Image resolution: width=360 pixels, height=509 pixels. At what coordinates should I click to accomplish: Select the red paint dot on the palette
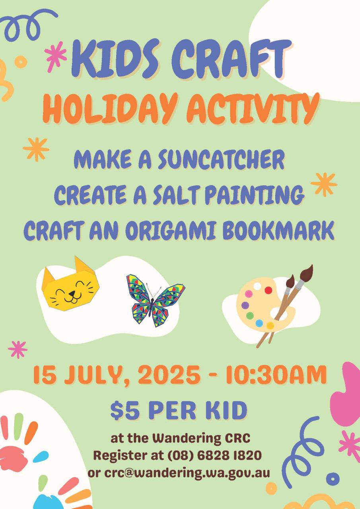(269, 290)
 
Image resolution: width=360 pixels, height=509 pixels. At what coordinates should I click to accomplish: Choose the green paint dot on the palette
(250, 316)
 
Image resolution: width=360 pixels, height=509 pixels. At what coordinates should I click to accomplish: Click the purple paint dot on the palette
(245, 305)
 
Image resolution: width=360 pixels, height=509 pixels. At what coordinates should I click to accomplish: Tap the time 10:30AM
(276, 375)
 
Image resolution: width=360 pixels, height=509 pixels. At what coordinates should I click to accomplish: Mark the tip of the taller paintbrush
(311, 265)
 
